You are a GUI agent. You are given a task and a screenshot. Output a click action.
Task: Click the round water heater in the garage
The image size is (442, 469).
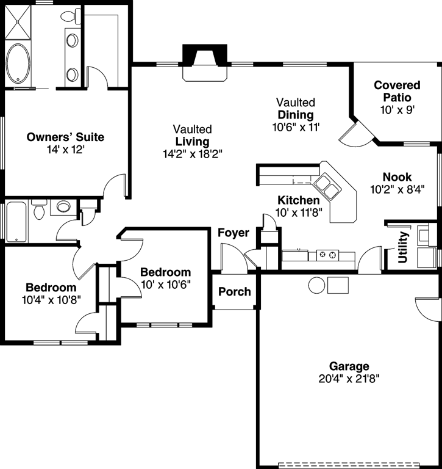(316, 285)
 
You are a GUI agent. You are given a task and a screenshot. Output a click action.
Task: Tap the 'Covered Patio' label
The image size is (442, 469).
(397, 91)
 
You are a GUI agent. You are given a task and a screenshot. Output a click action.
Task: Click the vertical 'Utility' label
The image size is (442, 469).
(402, 247)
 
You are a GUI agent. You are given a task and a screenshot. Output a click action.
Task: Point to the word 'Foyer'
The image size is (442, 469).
(233, 233)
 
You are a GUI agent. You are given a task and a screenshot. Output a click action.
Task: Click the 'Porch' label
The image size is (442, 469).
(235, 291)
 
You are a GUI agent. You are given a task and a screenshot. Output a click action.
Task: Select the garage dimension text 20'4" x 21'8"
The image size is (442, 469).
(349, 378)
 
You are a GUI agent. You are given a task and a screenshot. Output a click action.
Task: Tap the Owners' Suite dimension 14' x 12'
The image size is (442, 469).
(66, 149)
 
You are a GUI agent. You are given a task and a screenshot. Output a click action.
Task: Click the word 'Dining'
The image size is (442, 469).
(295, 115)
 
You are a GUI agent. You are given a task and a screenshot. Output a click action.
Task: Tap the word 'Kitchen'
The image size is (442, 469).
(298, 200)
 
